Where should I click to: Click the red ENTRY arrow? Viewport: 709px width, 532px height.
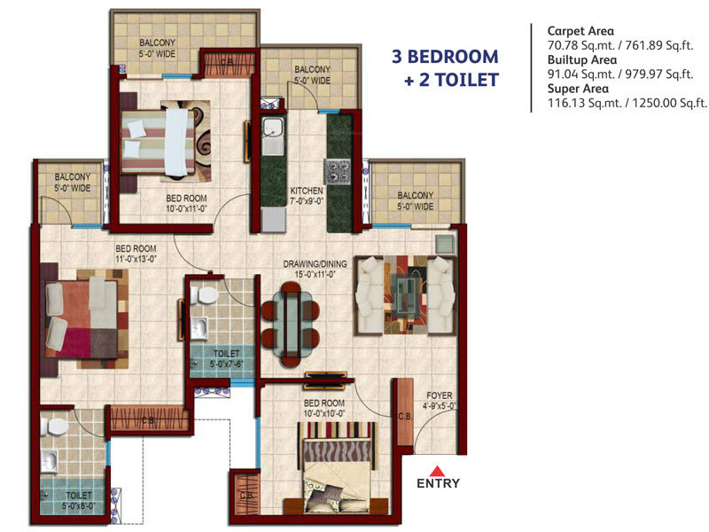438,470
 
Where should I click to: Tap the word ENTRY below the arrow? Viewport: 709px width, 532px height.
438,484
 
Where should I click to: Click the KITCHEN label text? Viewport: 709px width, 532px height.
307,191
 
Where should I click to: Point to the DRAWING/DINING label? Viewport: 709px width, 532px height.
315,263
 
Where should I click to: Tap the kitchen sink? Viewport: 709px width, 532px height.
272,133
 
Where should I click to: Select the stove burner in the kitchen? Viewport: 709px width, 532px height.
339,168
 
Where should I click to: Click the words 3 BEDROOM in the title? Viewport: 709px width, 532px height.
445,57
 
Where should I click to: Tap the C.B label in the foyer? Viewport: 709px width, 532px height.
403,416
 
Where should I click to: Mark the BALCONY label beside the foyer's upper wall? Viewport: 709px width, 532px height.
415,195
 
